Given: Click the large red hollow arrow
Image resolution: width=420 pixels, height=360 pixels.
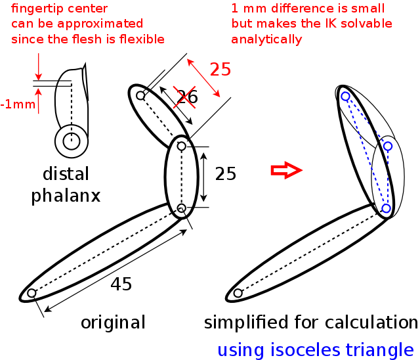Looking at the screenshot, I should (x=286, y=171).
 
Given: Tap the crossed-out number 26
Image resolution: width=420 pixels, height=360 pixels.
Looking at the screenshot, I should (x=186, y=97).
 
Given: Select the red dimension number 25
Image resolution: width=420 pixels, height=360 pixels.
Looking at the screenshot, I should (x=220, y=70).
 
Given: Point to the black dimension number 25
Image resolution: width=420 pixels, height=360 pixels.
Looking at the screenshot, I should (x=225, y=174).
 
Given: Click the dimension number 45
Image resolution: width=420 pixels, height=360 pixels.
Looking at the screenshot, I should (x=121, y=284).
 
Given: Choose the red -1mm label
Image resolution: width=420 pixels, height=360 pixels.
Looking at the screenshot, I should (x=14, y=104).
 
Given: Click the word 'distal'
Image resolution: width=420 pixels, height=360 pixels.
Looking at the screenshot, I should (x=66, y=174).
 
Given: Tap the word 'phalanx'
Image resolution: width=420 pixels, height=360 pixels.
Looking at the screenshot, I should (x=66, y=196).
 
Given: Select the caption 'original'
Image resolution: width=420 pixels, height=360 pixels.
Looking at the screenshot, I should (x=113, y=323).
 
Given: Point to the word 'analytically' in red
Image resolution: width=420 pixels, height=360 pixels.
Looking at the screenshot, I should (x=266, y=39).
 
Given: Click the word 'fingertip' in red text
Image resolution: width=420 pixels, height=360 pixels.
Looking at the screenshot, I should (x=36, y=9).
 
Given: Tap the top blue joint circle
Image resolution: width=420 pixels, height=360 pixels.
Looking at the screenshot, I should (x=345, y=96).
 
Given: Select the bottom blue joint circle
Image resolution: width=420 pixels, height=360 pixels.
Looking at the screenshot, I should (x=386, y=208).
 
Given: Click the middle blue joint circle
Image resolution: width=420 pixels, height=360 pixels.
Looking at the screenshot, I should (x=388, y=146).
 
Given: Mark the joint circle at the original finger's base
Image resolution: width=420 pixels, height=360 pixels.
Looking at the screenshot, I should (x=31, y=293).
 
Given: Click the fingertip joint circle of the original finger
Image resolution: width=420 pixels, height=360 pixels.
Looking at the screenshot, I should (x=140, y=96).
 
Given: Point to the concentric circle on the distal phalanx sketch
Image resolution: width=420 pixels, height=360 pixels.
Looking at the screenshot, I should (x=72, y=141).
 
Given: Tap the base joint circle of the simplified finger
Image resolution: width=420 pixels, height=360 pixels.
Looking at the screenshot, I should (x=238, y=293).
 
